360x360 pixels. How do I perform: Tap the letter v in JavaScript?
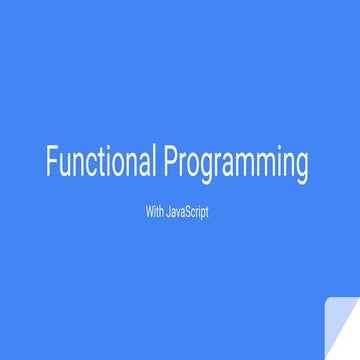pos(177,212)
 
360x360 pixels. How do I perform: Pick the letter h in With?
pos(160,211)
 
